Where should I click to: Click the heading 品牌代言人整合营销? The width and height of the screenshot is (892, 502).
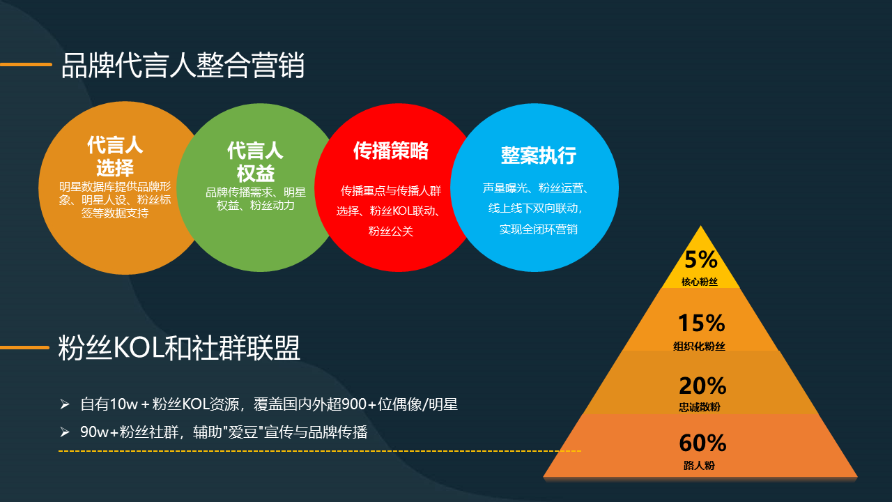183,65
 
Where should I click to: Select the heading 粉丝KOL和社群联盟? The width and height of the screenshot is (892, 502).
179,348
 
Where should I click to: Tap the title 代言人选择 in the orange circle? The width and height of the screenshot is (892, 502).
115,156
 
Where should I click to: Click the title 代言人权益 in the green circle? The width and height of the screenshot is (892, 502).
255,162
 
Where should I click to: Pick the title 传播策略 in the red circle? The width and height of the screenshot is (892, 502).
391,151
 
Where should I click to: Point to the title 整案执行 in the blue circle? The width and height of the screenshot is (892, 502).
539,155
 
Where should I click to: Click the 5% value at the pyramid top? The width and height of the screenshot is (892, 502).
701,259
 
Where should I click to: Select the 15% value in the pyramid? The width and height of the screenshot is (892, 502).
701,323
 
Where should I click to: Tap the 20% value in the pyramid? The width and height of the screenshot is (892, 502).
702,386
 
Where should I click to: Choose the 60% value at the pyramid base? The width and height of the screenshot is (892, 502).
703,443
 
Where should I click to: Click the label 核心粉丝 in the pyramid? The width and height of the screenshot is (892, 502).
699,282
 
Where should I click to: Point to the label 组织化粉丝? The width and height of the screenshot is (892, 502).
699,347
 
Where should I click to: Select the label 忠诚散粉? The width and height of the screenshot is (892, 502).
700,407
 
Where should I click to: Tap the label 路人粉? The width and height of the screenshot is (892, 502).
699,465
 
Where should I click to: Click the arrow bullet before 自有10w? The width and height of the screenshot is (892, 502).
65,404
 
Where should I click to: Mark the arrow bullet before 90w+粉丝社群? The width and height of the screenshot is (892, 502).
65,432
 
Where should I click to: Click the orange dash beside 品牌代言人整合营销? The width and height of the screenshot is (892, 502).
26,64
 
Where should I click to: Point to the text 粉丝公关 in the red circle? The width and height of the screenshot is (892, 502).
391,231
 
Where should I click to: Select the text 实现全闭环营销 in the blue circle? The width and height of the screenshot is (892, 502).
539,229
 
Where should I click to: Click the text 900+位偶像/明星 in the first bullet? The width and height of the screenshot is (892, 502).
399,404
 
